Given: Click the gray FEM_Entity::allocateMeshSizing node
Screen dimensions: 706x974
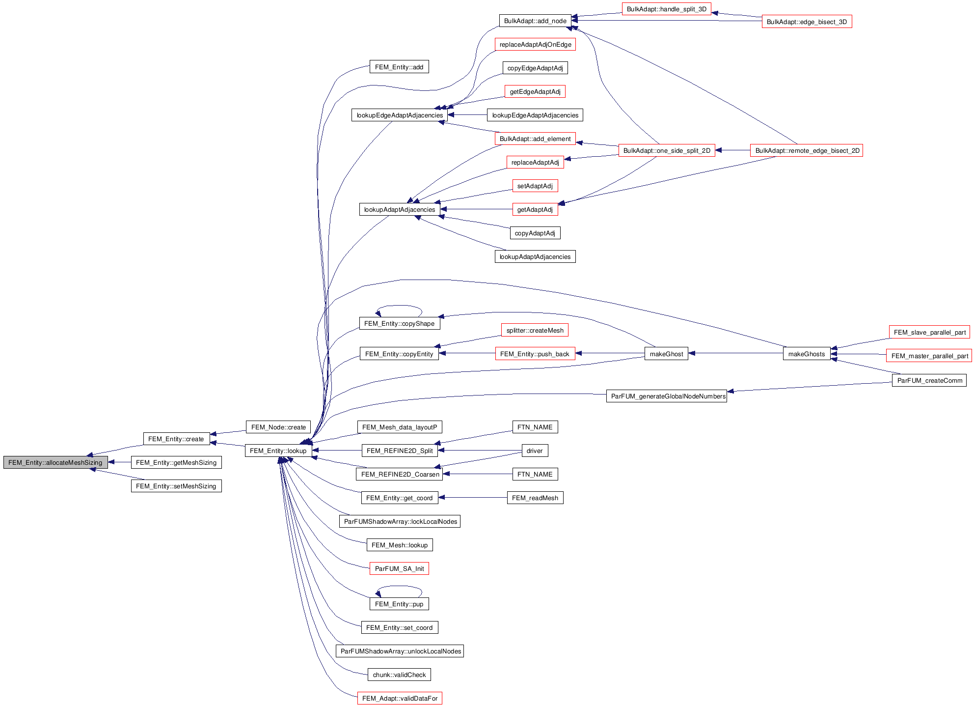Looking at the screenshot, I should (55, 462).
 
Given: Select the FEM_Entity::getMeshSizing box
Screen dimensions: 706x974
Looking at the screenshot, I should (176, 462).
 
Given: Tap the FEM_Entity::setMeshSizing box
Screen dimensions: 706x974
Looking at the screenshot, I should (176, 486).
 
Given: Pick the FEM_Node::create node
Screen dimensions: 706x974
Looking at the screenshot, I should (278, 427).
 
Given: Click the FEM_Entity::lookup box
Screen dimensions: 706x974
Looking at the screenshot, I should (278, 451).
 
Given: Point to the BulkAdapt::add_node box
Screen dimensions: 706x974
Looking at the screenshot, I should (535, 21).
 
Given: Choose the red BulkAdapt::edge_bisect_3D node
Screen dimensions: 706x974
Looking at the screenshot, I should (807, 22).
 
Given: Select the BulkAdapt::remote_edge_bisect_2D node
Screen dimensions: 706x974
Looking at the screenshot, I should (807, 150).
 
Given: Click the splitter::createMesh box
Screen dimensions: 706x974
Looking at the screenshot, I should (535, 330).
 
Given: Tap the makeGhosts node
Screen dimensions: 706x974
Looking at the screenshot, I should (807, 354).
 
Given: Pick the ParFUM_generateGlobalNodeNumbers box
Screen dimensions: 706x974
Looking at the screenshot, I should (667, 396).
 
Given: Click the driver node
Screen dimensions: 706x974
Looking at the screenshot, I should (535, 451).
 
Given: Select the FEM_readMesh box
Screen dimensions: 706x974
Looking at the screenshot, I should (535, 498).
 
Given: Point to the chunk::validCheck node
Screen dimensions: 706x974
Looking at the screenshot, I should (399, 675).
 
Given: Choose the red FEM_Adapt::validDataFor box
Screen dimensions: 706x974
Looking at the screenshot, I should (400, 698).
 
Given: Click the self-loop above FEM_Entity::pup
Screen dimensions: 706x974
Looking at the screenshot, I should (399, 587).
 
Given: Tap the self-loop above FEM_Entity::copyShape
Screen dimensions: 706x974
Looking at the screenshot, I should (399, 306).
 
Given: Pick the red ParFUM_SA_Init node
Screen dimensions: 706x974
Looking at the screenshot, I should (399, 568).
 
